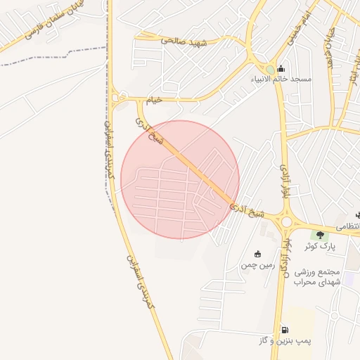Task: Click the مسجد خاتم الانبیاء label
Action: [279, 79]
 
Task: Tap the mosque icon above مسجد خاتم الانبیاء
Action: [281, 68]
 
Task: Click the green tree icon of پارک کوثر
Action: [321, 236]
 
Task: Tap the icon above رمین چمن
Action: [257, 254]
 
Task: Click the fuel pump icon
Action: [284, 329]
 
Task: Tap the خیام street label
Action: [153, 100]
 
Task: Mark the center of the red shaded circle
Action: [180, 179]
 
